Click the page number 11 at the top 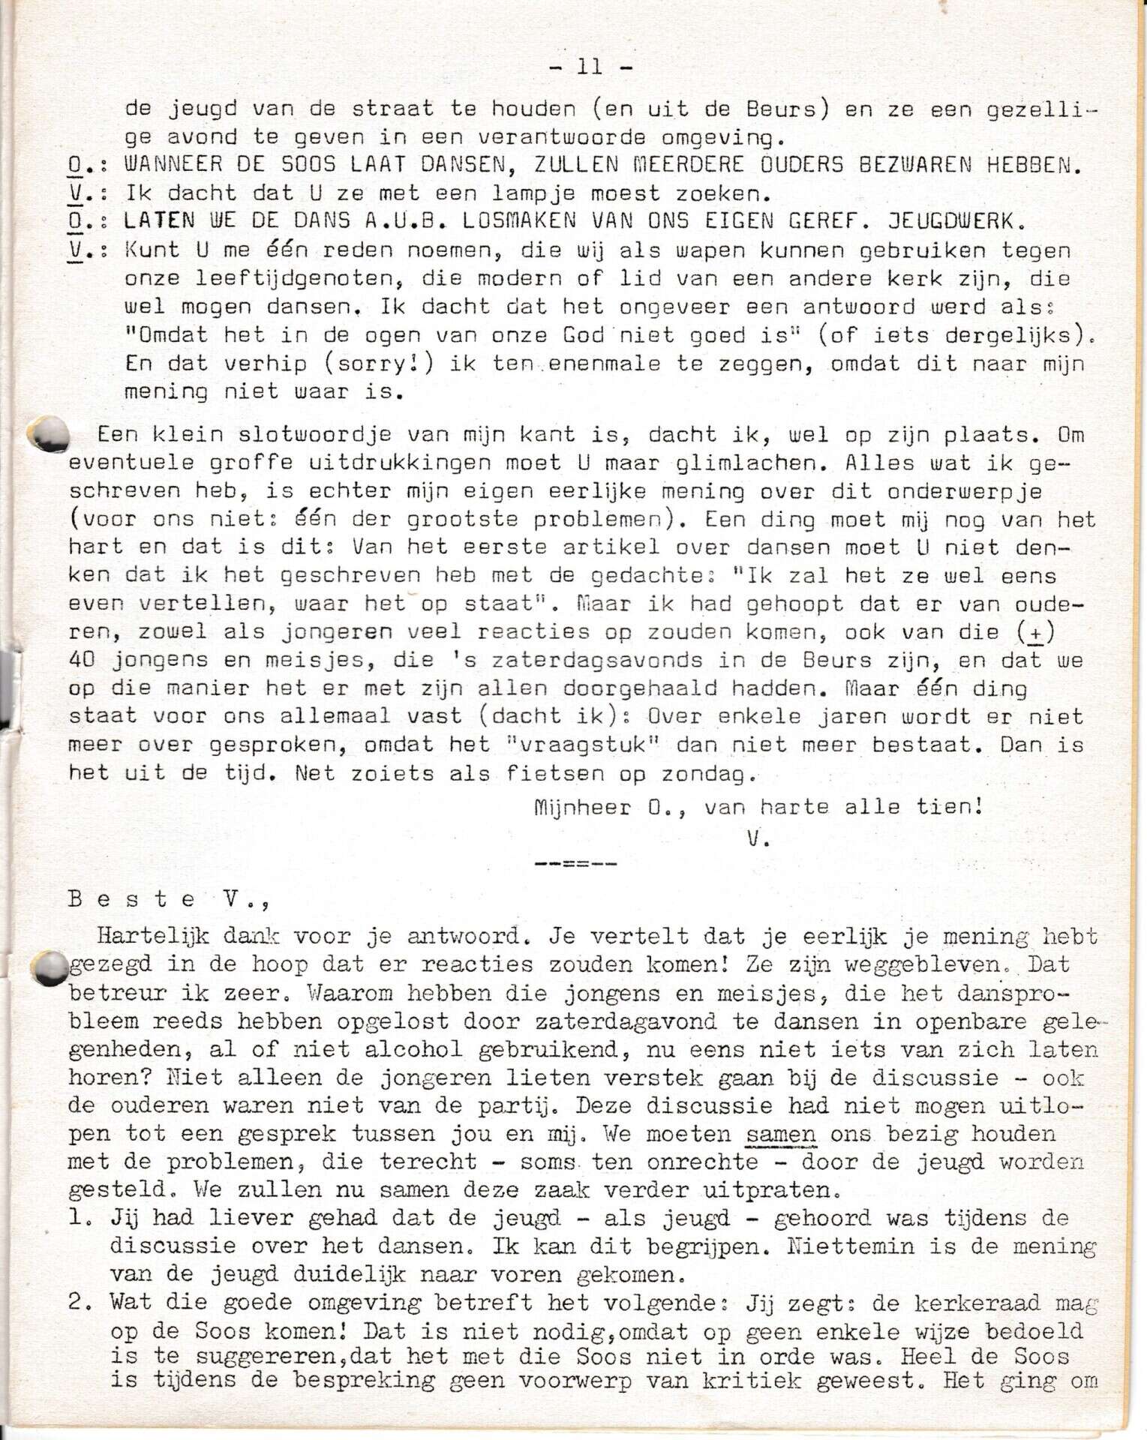pos(590,67)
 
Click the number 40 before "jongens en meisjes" pos(83,660)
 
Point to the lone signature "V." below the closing pos(758,839)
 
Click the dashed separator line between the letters pos(575,864)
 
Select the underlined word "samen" pos(780,1133)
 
